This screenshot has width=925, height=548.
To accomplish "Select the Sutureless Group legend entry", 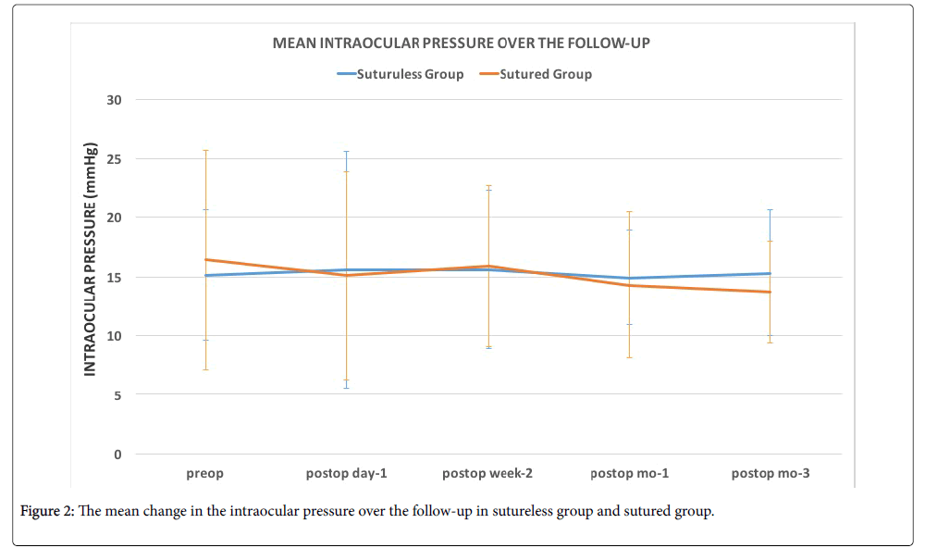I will [410, 74].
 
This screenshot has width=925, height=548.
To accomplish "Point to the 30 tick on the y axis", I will [117, 100].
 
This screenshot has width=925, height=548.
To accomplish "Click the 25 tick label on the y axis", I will [117, 159].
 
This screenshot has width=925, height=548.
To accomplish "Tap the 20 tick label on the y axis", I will [117, 218].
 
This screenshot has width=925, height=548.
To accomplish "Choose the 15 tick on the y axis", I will [117, 278].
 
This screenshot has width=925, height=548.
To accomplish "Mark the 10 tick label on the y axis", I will [117, 336].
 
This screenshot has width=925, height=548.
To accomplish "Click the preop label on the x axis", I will [205, 474].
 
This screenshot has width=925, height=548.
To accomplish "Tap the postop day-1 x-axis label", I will [346, 474].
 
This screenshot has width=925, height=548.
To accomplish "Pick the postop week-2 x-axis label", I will [487, 474].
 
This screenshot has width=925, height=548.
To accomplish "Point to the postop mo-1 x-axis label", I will [629, 474].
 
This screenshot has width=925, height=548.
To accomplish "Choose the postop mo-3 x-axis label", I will [771, 474].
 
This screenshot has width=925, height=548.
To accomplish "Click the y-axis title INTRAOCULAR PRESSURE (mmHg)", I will [91, 259].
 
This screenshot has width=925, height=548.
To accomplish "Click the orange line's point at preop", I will [205, 260].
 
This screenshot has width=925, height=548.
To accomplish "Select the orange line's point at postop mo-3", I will [771, 293].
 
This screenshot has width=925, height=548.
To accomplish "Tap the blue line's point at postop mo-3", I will [771, 273].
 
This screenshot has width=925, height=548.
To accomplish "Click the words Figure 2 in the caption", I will [46, 513].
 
